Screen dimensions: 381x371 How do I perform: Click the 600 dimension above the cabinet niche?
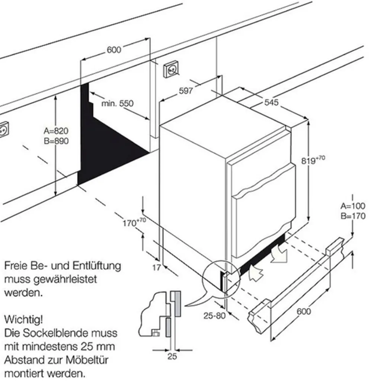coord(114,49)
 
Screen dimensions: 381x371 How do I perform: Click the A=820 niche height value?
coord(56,131)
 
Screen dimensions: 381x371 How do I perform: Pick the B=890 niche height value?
coord(56,141)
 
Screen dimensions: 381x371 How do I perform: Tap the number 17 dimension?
coord(157,267)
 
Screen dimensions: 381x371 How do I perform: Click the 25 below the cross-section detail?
coord(172,356)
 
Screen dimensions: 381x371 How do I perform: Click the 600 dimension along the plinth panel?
coord(304,311)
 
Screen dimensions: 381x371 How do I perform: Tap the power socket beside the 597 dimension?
coord(172,69)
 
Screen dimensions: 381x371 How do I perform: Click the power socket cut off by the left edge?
coord(3,130)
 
